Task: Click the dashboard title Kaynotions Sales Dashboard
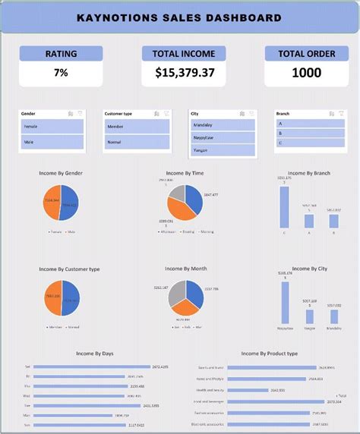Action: (180, 17)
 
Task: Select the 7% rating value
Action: (61, 74)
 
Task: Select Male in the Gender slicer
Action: (52, 142)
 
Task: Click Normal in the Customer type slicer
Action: (137, 142)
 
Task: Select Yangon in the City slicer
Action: (223, 150)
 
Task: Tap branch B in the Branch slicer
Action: (310, 132)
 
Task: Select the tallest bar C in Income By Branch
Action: (284, 206)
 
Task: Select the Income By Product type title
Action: (270, 354)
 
